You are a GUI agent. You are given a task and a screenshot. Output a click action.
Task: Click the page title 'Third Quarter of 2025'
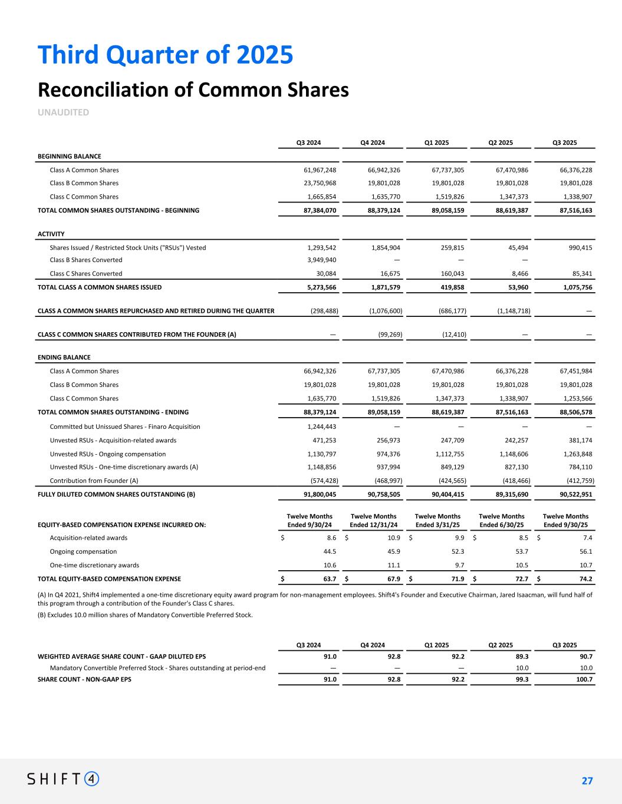(x=166, y=55)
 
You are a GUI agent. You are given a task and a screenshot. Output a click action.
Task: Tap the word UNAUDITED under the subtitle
(x=63, y=112)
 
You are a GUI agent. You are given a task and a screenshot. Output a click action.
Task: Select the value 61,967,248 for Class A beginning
(x=318, y=170)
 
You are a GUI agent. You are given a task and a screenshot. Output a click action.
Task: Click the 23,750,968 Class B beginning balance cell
(x=318, y=183)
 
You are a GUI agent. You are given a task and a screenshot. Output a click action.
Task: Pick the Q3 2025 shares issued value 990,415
(x=578, y=247)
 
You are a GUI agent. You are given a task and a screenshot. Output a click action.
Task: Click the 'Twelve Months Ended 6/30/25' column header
(x=501, y=521)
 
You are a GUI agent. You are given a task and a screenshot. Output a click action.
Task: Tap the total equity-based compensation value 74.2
(x=585, y=579)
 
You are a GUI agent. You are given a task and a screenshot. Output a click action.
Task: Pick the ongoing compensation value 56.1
(x=585, y=551)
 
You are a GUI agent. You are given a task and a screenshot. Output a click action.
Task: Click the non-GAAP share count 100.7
(x=584, y=679)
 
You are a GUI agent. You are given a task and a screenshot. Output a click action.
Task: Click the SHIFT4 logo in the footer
(x=63, y=779)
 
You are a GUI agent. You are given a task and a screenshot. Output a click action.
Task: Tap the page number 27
(x=587, y=781)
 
